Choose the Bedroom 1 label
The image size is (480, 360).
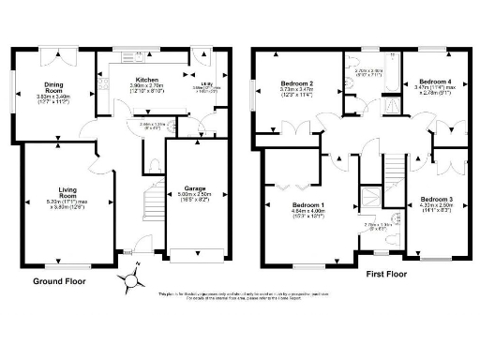307,205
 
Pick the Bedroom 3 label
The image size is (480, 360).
436,200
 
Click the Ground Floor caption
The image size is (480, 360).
60,279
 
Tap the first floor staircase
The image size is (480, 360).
395,178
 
